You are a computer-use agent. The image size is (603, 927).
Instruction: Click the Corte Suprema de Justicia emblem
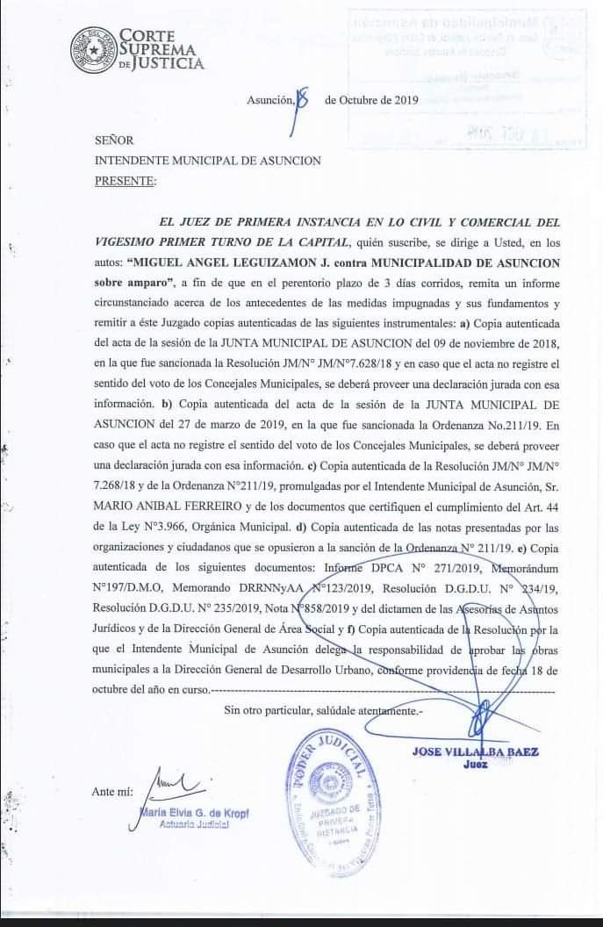93,50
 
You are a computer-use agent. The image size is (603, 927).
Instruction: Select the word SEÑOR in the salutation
114,140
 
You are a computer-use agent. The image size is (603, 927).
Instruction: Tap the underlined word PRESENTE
125,182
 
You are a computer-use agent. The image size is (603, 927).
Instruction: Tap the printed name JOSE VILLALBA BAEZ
475,751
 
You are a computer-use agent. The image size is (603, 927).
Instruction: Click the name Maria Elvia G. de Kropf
194,814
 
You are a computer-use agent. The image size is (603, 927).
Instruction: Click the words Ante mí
112,792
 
